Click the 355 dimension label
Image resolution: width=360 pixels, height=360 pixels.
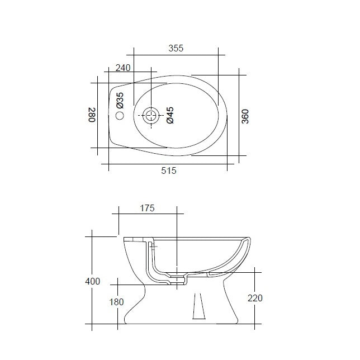[x=176, y=49]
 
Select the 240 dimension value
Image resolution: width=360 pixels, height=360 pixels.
[x=123, y=68]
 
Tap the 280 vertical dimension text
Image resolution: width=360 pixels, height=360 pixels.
[x=93, y=116]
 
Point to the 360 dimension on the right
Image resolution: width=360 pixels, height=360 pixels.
[x=245, y=116]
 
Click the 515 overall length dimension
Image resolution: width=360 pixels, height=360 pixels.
[x=169, y=171]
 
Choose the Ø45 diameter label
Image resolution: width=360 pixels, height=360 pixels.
[x=170, y=116]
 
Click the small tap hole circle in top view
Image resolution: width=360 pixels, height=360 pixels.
[x=119, y=116]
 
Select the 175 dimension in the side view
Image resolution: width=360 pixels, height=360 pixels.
[x=147, y=208]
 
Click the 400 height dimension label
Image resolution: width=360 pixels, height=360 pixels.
[x=93, y=281]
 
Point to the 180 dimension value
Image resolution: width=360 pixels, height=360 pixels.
[x=117, y=302]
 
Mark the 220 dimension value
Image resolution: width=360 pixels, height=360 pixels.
[x=254, y=298]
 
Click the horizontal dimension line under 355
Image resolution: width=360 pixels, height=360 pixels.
[x=176, y=55]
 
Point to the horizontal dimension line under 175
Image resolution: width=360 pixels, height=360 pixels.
[x=147, y=214]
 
